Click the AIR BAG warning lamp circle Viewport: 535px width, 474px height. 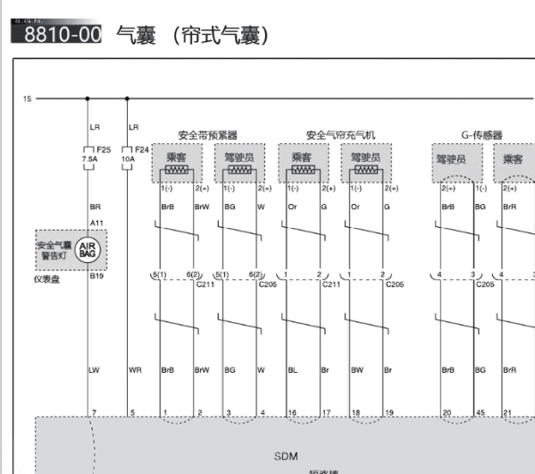click(x=88, y=250)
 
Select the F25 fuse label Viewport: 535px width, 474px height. click(x=104, y=149)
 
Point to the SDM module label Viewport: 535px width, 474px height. click(x=285, y=456)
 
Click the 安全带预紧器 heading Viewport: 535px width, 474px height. click(x=208, y=135)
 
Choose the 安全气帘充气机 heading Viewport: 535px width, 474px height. click(x=340, y=135)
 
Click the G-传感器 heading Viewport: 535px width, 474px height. click(x=481, y=135)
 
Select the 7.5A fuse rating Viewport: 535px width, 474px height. click(x=89, y=159)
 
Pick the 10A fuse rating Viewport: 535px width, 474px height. click(x=128, y=159)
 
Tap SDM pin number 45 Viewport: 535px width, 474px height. click(x=480, y=412)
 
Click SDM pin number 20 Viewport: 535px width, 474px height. click(x=447, y=412)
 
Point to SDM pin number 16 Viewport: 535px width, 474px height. click(x=292, y=412)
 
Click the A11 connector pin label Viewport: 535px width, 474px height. click(x=96, y=223)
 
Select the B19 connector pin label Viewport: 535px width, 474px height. click(x=96, y=276)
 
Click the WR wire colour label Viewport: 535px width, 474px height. click(x=135, y=368)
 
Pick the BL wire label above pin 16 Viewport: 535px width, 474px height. click(x=292, y=368)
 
